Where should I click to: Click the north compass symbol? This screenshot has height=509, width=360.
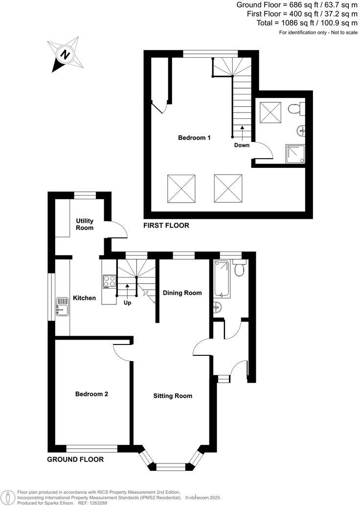pyautogui.click(x=64, y=53)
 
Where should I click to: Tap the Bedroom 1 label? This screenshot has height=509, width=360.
pyautogui.click(x=194, y=138)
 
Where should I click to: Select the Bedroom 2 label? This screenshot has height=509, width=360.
pyautogui.click(x=91, y=394)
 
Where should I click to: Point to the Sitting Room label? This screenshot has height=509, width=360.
pyautogui.click(x=173, y=396)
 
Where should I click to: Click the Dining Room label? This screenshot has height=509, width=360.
pyautogui.click(x=182, y=293)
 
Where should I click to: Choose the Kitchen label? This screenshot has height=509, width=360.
pyautogui.click(x=84, y=298)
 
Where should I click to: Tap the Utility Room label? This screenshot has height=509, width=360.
pyautogui.click(x=85, y=225)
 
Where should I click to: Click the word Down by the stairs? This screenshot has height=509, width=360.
pyautogui.click(x=242, y=145)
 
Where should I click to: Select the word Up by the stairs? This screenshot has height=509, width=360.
pyautogui.click(x=128, y=303)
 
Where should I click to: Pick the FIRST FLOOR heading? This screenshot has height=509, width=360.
pyautogui.click(x=166, y=226)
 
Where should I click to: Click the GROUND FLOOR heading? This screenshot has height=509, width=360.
pyautogui.click(x=75, y=460)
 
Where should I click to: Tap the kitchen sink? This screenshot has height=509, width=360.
pyautogui.click(x=63, y=307)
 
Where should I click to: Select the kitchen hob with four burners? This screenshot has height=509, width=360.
pyautogui.click(x=109, y=281)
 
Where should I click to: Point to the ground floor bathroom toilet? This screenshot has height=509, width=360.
pyautogui.click(x=240, y=269)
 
